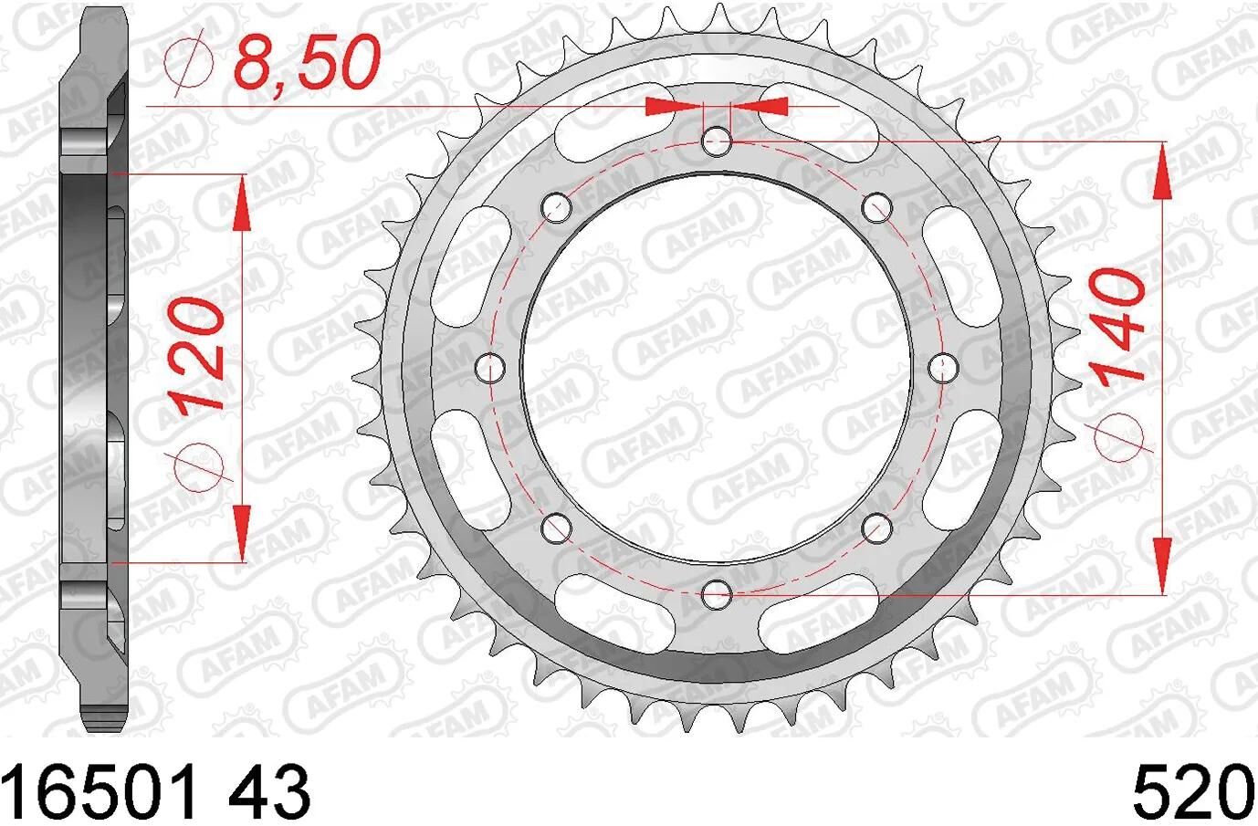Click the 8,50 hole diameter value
[306, 64]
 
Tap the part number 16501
[100, 791]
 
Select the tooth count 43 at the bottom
[269, 791]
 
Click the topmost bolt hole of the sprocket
[717, 141]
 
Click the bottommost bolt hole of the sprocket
[717, 593]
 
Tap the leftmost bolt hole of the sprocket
[490, 367]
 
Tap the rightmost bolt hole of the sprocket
[943, 367]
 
